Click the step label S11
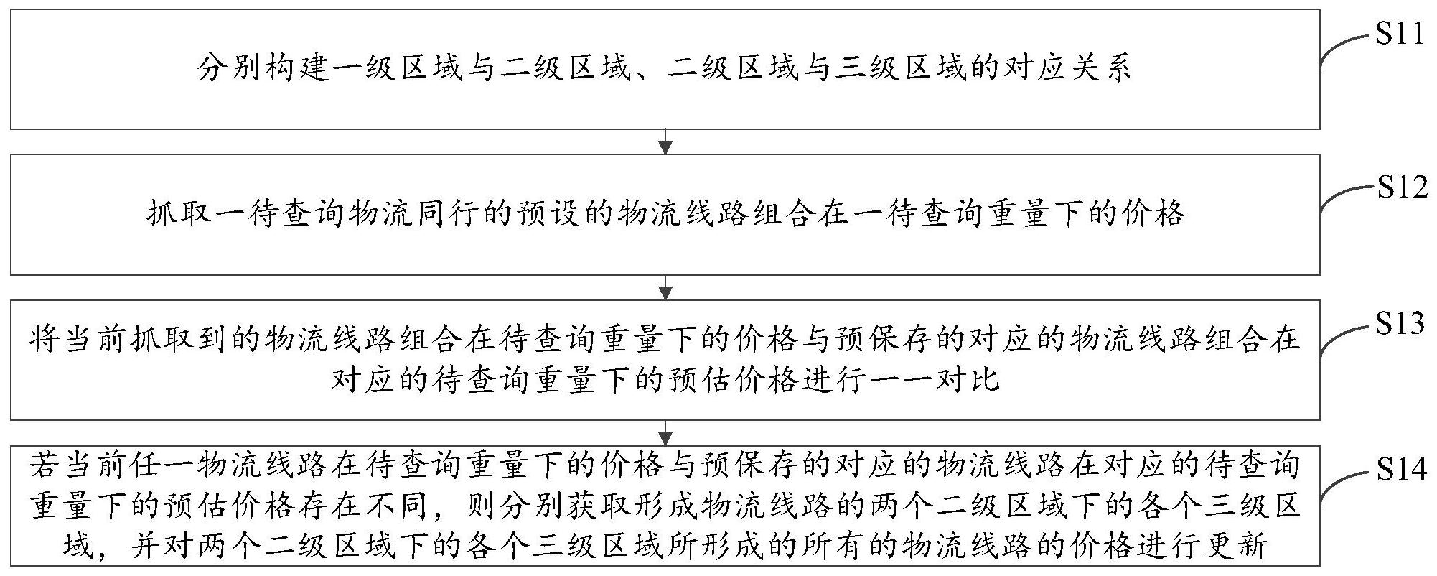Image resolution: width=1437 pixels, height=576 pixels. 1399,34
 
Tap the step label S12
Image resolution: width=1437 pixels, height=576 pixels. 1400,188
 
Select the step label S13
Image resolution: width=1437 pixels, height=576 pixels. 1400,324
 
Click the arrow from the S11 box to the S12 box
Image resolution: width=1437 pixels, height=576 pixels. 665,141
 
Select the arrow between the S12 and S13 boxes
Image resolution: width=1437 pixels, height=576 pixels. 665,287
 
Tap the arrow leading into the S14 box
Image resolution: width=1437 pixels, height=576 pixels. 665,433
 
